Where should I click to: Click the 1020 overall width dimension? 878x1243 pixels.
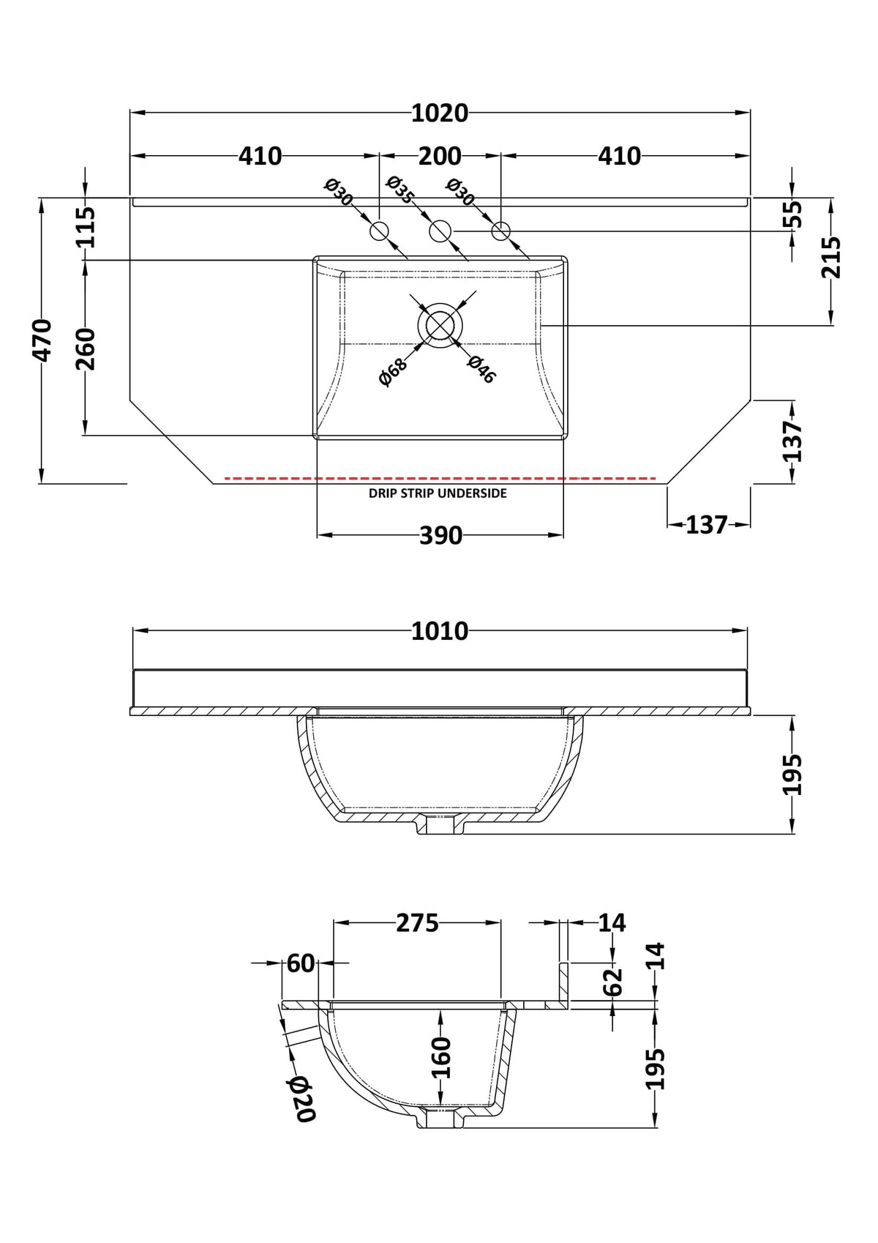coord(439,113)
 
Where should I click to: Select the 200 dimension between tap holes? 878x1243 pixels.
coord(439,157)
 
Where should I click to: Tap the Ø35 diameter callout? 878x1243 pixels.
coord(400,189)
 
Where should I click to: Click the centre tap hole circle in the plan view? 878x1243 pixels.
coord(440,231)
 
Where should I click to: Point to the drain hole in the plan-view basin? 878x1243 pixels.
coord(440,325)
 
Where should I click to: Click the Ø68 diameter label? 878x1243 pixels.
coord(393,371)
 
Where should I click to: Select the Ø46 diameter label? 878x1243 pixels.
coord(481,369)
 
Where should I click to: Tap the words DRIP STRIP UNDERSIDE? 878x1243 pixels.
coord(438,493)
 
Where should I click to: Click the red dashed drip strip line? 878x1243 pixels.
coord(440,478)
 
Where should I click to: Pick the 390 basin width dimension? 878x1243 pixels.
coord(440,536)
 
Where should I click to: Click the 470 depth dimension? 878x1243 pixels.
coord(42,340)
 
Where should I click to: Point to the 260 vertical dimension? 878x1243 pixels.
coord(86,349)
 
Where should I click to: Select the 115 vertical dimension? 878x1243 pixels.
coord(86,227)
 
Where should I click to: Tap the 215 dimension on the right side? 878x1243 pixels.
coord(830,257)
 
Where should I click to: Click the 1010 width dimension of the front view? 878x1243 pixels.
coord(439,632)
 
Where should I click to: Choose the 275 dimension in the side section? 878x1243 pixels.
coord(417,923)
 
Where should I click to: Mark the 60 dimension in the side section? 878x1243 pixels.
coord(301,963)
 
